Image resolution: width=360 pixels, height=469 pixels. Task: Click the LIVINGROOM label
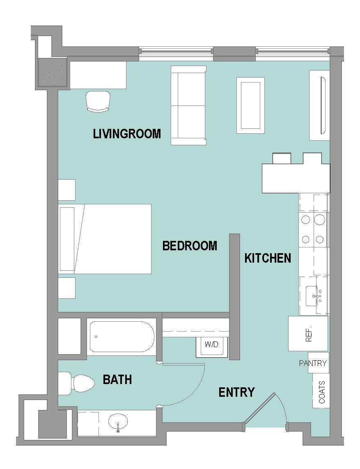(127, 134)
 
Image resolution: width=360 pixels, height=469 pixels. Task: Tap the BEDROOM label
(190, 246)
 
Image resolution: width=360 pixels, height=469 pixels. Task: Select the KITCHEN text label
(268, 258)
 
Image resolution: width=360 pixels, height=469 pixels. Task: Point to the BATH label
(117, 380)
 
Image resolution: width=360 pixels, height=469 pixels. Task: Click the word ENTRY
(236, 393)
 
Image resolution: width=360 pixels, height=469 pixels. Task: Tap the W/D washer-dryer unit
(212, 344)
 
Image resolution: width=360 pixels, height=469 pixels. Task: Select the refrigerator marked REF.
(308, 334)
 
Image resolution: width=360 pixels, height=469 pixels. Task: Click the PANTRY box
(313, 363)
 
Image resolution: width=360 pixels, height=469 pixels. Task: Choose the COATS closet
(321, 391)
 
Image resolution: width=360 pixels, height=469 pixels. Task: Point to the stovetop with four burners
(313, 230)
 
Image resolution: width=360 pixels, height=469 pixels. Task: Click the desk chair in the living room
(99, 101)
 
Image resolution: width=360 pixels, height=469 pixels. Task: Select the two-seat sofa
(188, 105)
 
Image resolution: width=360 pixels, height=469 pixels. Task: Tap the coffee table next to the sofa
(250, 105)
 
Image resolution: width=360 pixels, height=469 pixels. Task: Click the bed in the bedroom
(105, 239)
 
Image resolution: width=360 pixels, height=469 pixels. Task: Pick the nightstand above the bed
(66, 190)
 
